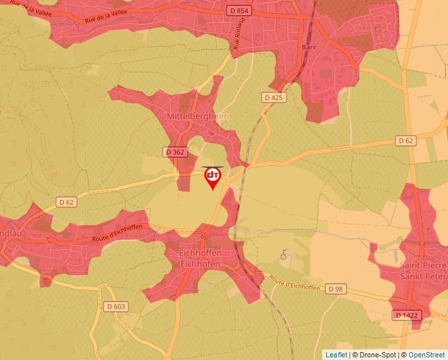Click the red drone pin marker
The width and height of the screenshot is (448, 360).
(x=213, y=177)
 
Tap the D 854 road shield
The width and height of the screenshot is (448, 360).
(x=238, y=11)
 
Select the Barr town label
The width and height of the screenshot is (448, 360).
(x=309, y=47)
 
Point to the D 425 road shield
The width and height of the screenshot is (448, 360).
(x=273, y=97)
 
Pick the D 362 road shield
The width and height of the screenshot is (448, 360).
(x=174, y=152)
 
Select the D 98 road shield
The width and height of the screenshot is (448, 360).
(x=336, y=289)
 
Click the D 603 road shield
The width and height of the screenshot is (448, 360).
(x=116, y=307)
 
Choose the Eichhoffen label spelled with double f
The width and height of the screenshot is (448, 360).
(x=200, y=253)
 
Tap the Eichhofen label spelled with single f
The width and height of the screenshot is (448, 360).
(x=200, y=264)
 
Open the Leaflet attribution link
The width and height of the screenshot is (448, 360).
(x=337, y=355)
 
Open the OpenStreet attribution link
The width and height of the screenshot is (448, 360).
(x=426, y=355)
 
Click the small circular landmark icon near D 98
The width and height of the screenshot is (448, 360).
(x=284, y=255)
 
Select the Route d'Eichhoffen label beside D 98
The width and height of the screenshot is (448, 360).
(x=294, y=284)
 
